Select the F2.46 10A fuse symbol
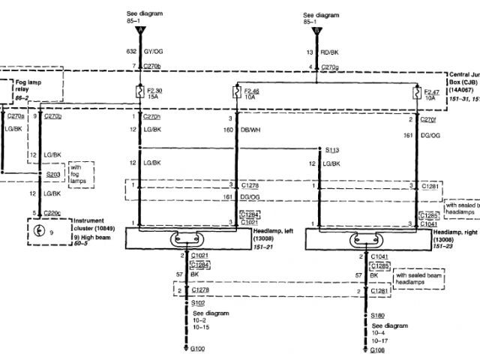(x=236, y=94)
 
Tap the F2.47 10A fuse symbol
(x=415, y=94)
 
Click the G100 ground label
(x=197, y=349)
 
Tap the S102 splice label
(x=198, y=304)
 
